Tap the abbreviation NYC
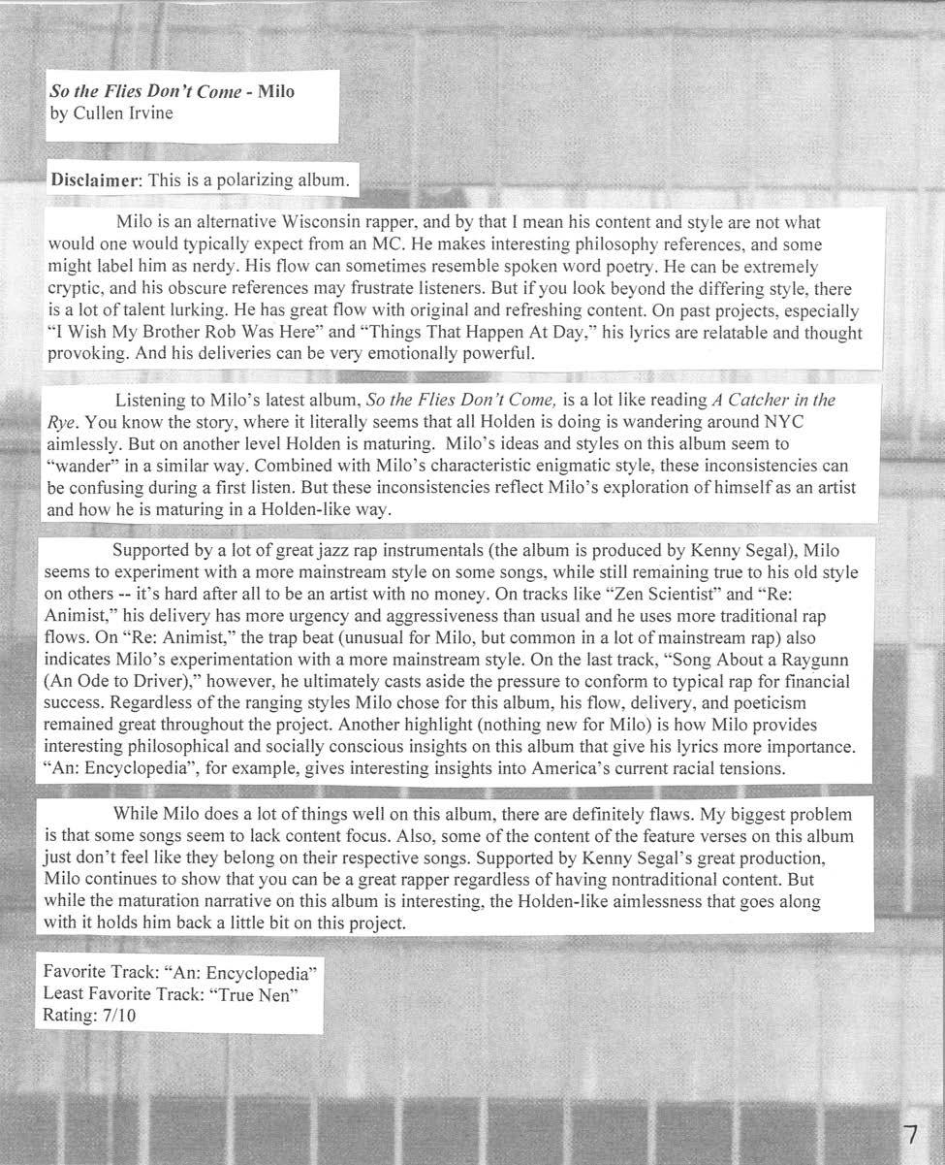point(781,422)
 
